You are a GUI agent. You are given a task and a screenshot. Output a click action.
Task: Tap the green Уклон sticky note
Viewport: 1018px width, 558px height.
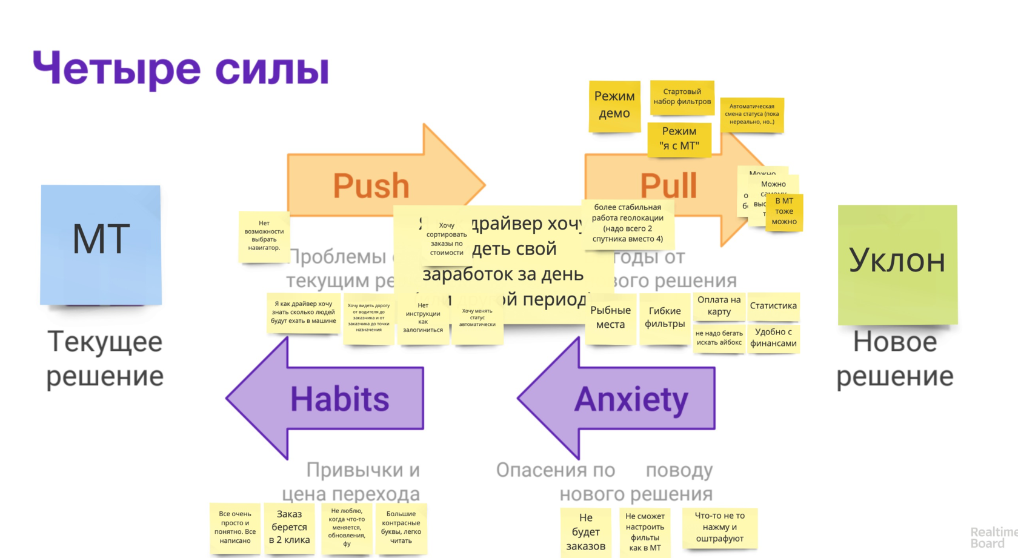tap(897, 264)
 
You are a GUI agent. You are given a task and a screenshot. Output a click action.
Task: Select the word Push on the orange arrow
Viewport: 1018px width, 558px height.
tap(371, 185)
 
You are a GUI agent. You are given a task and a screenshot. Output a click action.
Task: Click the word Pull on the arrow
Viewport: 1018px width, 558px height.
tap(668, 185)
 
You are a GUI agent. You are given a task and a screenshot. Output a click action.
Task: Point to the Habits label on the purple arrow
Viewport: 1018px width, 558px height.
tap(339, 399)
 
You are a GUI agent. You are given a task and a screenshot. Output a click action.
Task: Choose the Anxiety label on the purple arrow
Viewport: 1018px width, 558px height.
tap(631, 399)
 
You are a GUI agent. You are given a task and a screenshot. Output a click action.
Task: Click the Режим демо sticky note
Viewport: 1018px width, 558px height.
tap(614, 106)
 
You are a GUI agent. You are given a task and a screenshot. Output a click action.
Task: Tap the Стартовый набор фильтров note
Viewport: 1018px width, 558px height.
tap(682, 97)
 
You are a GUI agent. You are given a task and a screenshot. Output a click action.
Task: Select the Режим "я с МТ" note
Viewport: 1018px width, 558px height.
tap(679, 139)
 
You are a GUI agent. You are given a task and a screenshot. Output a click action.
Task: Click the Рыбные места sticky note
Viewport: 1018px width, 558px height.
tap(610, 318)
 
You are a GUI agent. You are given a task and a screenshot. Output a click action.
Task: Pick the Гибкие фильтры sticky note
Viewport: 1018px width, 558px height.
tap(665, 318)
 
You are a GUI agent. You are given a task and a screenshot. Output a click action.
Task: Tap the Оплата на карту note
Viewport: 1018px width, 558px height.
tap(719, 306)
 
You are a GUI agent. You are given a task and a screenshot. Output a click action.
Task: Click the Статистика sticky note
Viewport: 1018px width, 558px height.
tap(773, 306)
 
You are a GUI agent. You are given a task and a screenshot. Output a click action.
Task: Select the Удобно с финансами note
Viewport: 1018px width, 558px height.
tap(773, 338)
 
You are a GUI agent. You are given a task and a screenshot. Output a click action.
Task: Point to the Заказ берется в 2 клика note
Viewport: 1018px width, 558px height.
tap(289, 528)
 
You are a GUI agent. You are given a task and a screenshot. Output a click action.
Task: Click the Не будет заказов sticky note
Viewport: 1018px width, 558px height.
tap(585, 532)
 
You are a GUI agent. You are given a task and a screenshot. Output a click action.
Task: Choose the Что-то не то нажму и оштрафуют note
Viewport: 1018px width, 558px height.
tap(719, 527)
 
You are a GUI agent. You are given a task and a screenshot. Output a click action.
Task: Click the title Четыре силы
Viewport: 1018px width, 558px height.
tap(181, 68)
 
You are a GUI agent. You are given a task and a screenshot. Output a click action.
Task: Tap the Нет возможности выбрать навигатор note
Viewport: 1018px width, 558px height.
tap(264, 236)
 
